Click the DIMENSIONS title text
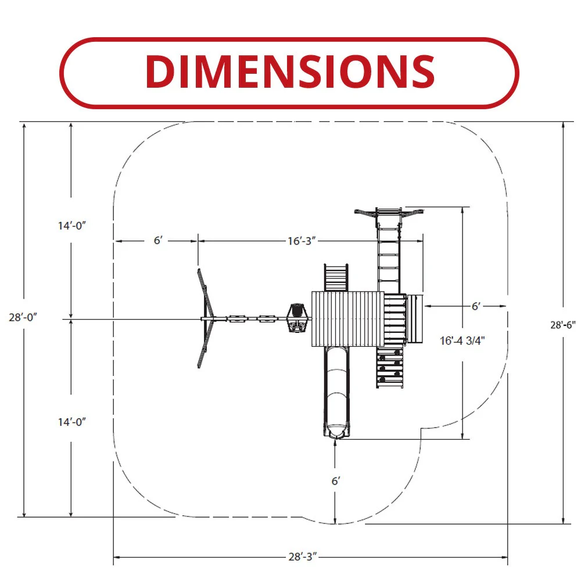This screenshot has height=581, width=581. [290, 72]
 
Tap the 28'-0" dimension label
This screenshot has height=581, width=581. [23, 318]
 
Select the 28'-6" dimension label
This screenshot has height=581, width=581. [563, 325]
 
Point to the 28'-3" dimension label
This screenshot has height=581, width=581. [303, 557]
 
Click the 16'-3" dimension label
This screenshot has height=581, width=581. [302, 241]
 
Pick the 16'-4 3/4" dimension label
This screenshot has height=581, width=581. [462, 340]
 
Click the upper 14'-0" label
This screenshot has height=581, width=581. [72, 225]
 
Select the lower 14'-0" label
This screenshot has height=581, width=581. [72, 422]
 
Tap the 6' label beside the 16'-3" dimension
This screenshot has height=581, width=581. [158, 241]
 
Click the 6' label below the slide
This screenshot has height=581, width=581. [336, 481]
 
